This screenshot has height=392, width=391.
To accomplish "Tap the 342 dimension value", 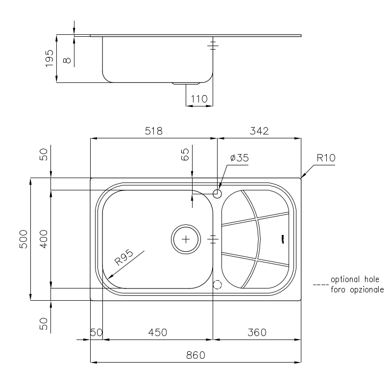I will click(259, 131).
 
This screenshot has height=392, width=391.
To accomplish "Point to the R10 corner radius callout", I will click(325, 158).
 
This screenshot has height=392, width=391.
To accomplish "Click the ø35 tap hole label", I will click(239, 158).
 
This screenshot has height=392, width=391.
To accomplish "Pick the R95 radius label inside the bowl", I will click(124, 258).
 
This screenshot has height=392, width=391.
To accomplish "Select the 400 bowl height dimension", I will click(44, 239).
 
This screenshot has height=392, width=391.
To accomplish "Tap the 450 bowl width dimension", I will click(158, 332).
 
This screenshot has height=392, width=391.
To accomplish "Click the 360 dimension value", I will click(257, 332).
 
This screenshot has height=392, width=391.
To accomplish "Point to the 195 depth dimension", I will click(49, 58).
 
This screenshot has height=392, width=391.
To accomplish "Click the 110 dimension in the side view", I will click(198, 99).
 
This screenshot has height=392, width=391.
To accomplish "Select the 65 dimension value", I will click(185, 155).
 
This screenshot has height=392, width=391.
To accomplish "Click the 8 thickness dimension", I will click(67, 60).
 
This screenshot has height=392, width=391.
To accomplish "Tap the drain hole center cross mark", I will click(186, 239).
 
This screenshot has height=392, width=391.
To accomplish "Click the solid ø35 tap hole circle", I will click(218, 193).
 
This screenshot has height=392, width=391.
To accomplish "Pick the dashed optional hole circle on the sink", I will click(218, 285).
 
